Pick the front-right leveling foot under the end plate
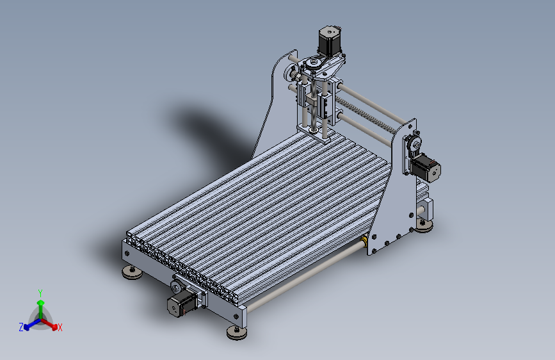236,332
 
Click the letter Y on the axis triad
40,293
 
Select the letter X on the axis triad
60,327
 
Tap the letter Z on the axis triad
21,327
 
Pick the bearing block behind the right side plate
425,209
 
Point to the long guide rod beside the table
301,279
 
